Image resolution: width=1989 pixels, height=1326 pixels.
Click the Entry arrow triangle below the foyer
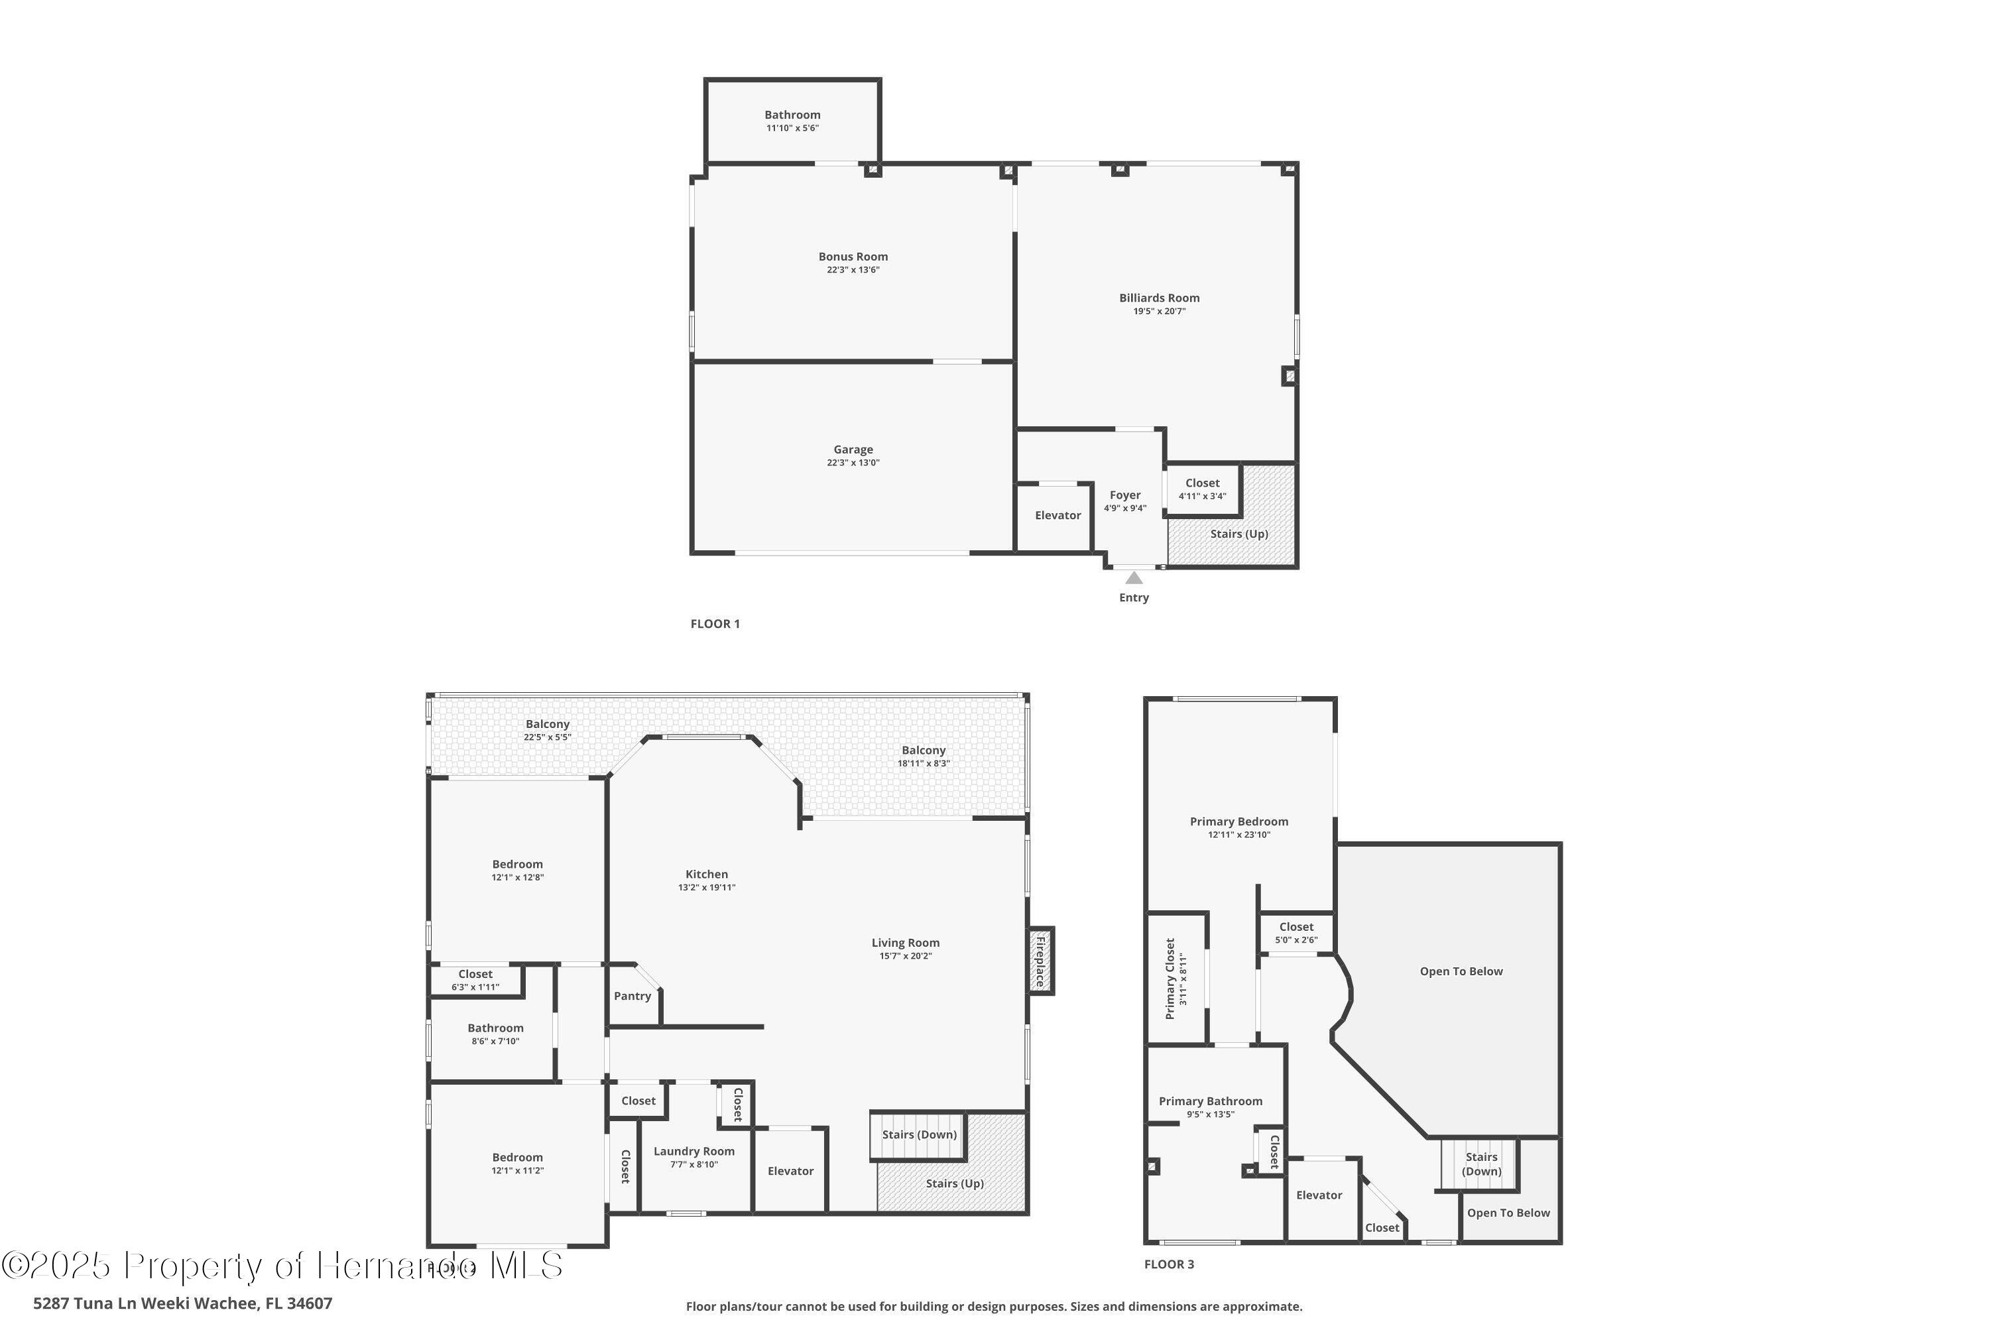click(x=1134, y=578)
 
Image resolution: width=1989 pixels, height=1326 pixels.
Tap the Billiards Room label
click(x=1160, y=298)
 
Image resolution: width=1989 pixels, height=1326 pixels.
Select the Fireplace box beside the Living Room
click(x=1040, y=961)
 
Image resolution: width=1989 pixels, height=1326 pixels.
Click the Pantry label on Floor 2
click(x=632, y=996)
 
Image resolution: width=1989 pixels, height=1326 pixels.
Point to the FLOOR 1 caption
click(x=715, y=624)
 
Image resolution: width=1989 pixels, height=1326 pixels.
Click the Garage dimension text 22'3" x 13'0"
click(x=853, y=463)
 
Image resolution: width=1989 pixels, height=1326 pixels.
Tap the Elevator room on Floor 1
click(x=1057, y=515)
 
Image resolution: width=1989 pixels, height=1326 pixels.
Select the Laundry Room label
click(x=693, y=1151)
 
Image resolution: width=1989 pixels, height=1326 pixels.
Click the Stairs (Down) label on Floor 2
click(x=918, y=1135)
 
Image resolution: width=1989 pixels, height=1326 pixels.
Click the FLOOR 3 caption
click(x=1169, y=1264)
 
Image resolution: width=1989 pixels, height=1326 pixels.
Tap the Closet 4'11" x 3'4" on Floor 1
click(x=1201, y=489)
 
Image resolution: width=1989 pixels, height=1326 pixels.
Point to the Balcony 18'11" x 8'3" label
click(x=923, y=750)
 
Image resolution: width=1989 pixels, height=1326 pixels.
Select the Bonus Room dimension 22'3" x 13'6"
click(x=853, y=270)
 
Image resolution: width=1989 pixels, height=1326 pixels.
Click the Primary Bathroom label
click(x=1210, y=1101)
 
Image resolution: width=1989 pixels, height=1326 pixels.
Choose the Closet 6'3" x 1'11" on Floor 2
click(x=475, y=980)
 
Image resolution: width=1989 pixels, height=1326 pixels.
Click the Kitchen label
click(x=706, y=874)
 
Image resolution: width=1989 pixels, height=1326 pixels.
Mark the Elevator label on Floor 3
click(x=1319, y=1195)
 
